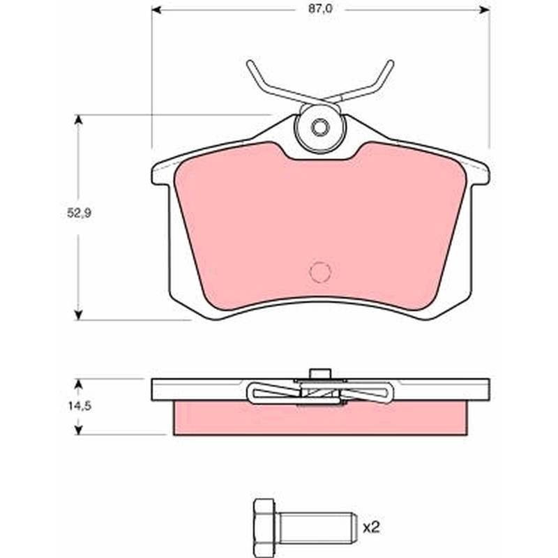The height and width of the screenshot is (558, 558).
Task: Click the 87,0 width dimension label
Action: (320, 9)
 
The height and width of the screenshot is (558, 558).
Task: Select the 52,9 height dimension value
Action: (80, 213)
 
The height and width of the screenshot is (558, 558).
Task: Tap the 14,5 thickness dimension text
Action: (80, 405)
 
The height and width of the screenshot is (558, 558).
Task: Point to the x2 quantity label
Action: (371, 527)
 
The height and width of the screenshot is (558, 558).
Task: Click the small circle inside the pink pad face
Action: (320, 272)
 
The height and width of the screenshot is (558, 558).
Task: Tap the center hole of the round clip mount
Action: (320, 128)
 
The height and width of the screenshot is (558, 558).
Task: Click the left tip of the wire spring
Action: (249, 63)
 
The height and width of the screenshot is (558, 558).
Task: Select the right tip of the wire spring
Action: (391, 63)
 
